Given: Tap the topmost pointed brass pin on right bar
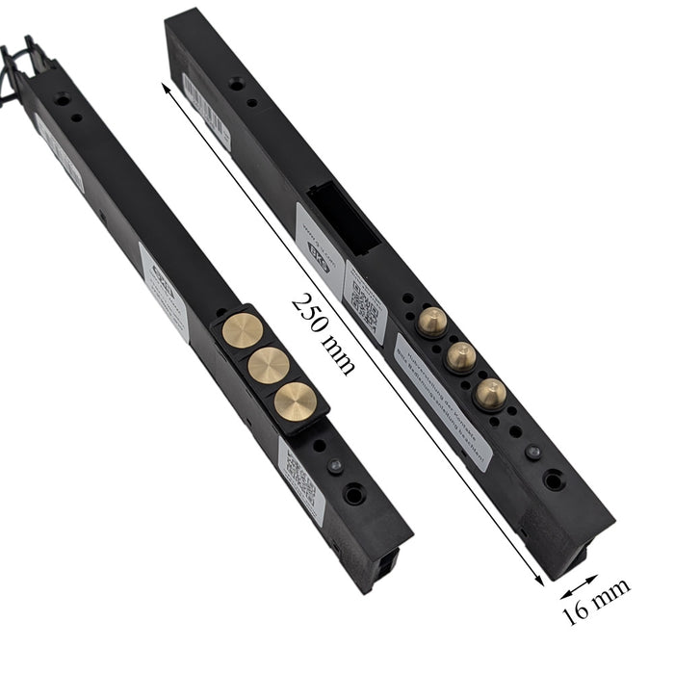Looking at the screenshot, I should pos(432,323).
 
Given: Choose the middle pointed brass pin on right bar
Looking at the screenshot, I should pos(462,356).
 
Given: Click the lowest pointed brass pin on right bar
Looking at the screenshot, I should pos(491,391).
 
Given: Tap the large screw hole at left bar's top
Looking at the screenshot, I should pos(63,99).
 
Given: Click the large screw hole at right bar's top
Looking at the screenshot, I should pos(236,85).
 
